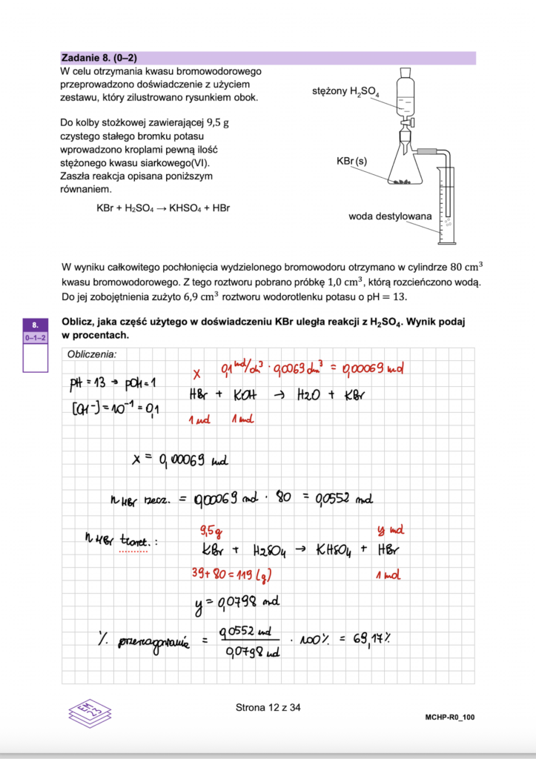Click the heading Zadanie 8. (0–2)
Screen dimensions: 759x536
[x=100, y=58]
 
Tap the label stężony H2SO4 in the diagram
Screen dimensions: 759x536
[x=345, y=91]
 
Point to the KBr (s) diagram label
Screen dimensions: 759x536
[x=351, y=161]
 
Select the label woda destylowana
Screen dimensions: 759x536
[x=389, y=216]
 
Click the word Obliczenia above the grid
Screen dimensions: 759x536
[x=92, y=354]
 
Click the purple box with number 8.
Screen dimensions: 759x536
[x=36, y=324]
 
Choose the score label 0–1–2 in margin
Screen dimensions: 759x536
[x=36, y=337]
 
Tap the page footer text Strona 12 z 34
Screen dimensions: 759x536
[x=268, y=707]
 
